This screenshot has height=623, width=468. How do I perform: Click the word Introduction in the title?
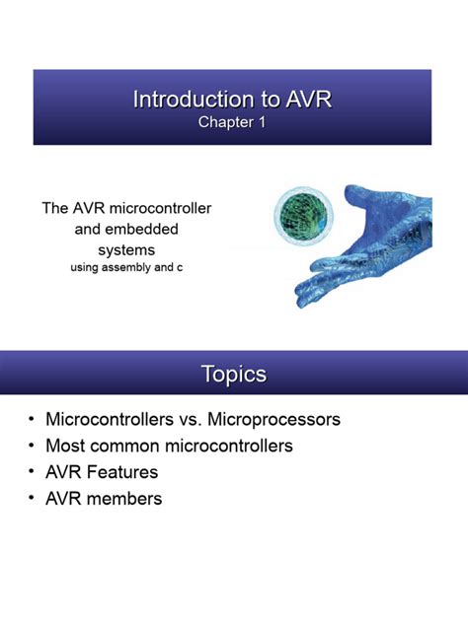pyautogui.click(x=184, y=100)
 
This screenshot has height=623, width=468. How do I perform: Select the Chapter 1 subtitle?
pyautogui.click(x=233, y=122)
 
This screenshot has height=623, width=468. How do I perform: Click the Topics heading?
pyautogui.click(x=233, y=375)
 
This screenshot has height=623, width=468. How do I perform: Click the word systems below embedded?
pyautogui.click(x=125, y=249)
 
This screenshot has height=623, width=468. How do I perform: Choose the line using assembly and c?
pyautogui.click(x=125, y=267)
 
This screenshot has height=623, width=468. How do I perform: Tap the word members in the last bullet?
pyautogui.click(x=124, y=499)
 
